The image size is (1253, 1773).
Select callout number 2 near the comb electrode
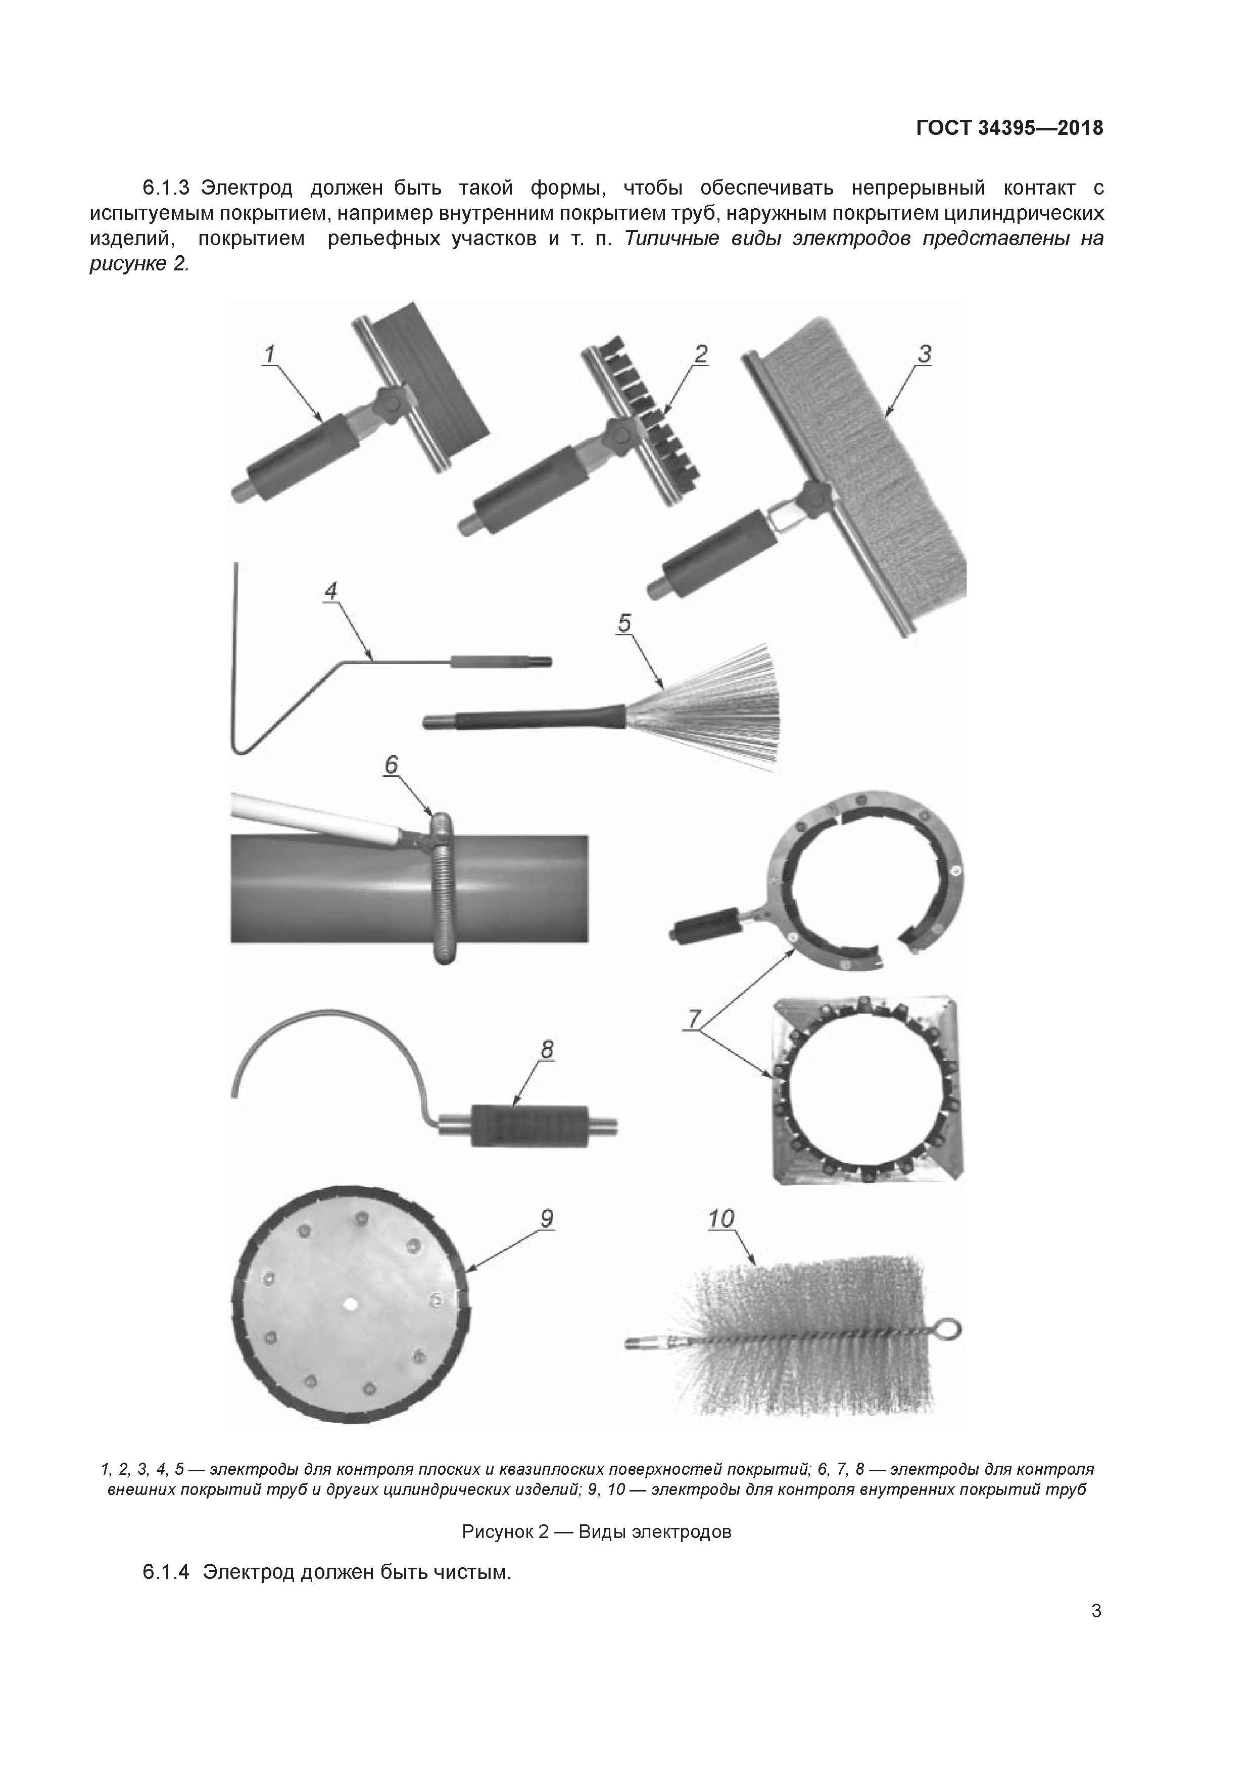click(700, 354)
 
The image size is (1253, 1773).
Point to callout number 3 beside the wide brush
click(924, 354)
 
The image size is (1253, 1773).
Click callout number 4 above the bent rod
click(330, 592)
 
